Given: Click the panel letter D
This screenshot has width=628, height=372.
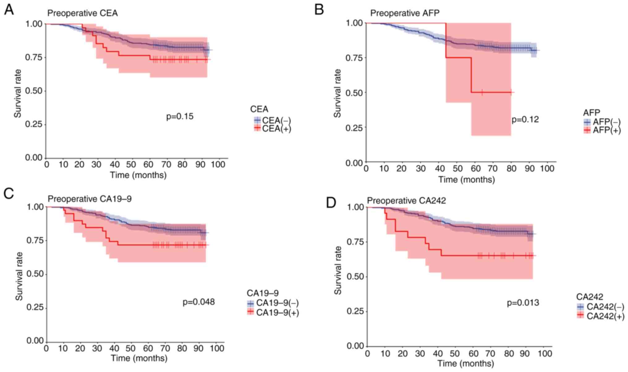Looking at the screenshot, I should click(331, 203).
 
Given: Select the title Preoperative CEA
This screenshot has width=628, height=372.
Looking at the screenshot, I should click(82, 13).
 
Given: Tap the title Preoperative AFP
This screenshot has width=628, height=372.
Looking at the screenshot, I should click(405, 13).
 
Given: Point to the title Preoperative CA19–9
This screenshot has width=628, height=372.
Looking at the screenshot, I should click(89, 199).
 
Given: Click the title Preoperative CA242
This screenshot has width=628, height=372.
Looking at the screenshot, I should click(406, 201).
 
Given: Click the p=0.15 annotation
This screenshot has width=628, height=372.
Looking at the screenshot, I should click(180, 116).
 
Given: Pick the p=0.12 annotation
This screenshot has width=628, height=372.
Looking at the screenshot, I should click(525, 119).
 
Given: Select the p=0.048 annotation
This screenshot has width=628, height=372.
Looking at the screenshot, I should click(198, 302).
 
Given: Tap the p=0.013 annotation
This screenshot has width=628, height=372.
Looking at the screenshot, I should click(523, 302).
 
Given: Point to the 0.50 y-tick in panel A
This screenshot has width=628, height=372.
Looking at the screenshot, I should click(34, 91).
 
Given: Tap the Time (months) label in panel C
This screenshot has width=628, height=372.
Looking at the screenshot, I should click(139, 358).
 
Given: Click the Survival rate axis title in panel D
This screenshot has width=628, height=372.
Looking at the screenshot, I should click(338, 270).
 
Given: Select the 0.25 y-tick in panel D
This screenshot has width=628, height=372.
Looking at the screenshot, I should click(355, 311).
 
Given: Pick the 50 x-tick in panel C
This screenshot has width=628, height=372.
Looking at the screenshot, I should click(131, 349).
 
